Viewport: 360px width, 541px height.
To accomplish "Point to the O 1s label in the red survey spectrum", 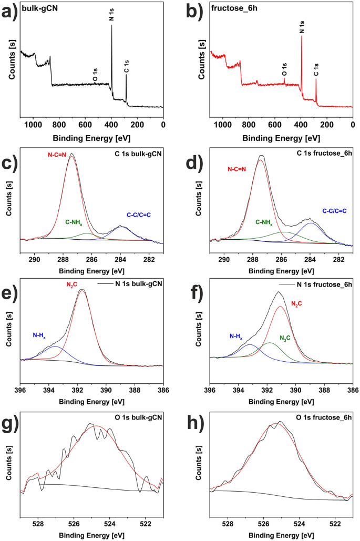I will click(x=284, y=69).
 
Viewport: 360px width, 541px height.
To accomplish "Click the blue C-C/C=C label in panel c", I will click(x=142, y=215).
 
